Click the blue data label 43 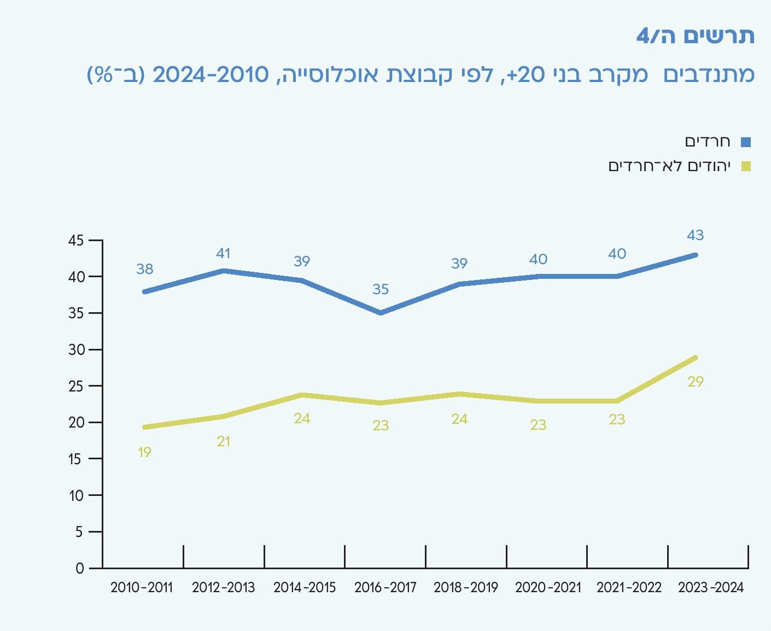pyautogui.click(x=695, y=235)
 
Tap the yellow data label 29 pyautogui.click(x=695, y=382)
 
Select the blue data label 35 pyautogui.click(x=381, y=289)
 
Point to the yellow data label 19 pyautogui.click(x=144, y=452)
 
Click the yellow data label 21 pyautogui.click(x=223, y=441)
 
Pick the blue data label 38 pyautogui.click(x=144, y=269)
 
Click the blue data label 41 pyautogui.click(x=223, y=253)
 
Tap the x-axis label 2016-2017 pyautogui.click(x=385, y=588)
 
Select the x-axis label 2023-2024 pyautogui.click(x=711, y=588)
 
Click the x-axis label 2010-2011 pyautogui.click(x=141, y=588)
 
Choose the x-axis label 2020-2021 pyautogui.click(x=548, y=588)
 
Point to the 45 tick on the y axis pyautogui.click(x=76, y=241)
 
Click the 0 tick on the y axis pyautogui.click(x=80, y=569)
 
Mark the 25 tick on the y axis pyautogui.click(x=76, y=387)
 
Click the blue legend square pyautogui.click(x=746, y=142)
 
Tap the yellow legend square pyautogui.click(x=746, y=166)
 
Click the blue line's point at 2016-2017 pyautogui.click(x=381, y=313)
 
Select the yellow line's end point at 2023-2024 pyautogui.click(x=695, y=358)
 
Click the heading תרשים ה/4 pyautogui.click(x=695, y=36)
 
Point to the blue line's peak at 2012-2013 pyautogui.click(x=223, y=271)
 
